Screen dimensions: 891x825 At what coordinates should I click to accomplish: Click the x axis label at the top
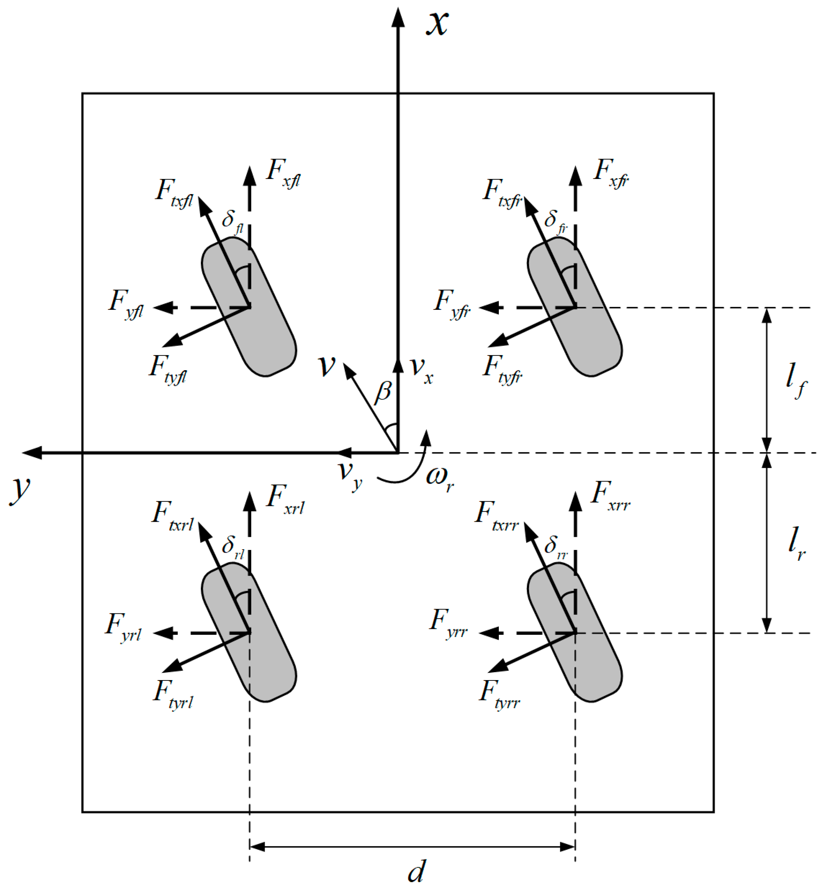click(437, 23)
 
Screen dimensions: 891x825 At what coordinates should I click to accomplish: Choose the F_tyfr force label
click(503, 369)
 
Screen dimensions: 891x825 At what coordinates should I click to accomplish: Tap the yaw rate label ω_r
click(440, 477)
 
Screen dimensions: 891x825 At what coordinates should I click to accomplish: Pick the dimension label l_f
click(796, 380)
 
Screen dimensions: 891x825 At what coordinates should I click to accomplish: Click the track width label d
click(416, 870)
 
